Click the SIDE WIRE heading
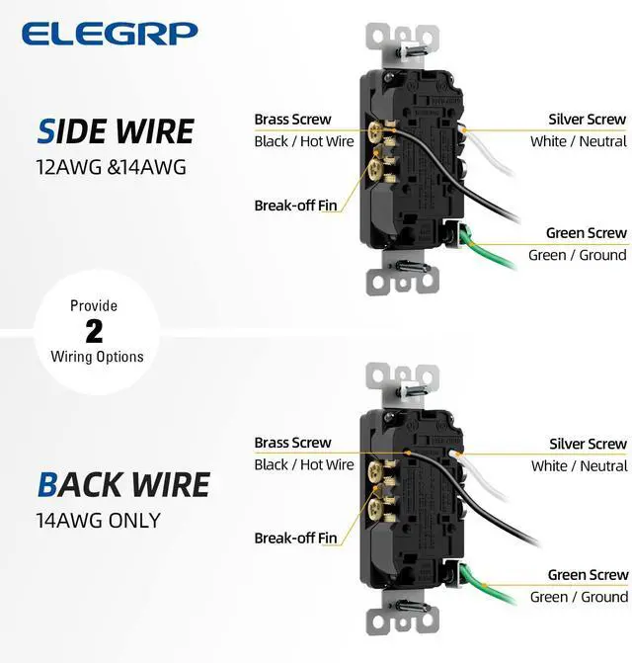point(117,130)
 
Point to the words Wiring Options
point(97,357)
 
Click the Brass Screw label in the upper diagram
point(292,120)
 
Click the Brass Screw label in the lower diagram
point(292,443)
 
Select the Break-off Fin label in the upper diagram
point(295,207)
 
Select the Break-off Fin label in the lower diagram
point(295,539)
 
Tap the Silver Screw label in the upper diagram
point(588,120)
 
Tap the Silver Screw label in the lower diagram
point(588,444)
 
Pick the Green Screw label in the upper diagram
point(587,233)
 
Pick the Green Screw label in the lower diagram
point(588,575)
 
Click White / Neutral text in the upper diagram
point(578,141)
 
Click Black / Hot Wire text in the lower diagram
point(303,464)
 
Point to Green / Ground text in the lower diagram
point(578,597)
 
